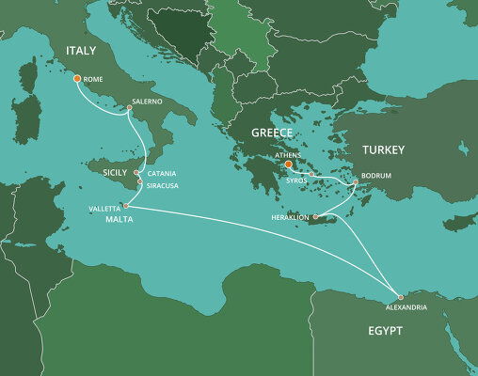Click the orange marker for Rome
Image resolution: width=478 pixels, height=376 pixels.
tap(77, 80)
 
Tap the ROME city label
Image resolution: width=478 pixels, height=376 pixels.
tap(94, 80)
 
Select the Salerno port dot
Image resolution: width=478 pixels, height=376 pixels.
tap(129, 109)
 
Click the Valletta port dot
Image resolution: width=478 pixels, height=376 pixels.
tap(125, 205)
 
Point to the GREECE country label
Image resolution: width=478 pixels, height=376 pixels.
tap(272, 133)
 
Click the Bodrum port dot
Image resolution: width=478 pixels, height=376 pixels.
tap(355, 182)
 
